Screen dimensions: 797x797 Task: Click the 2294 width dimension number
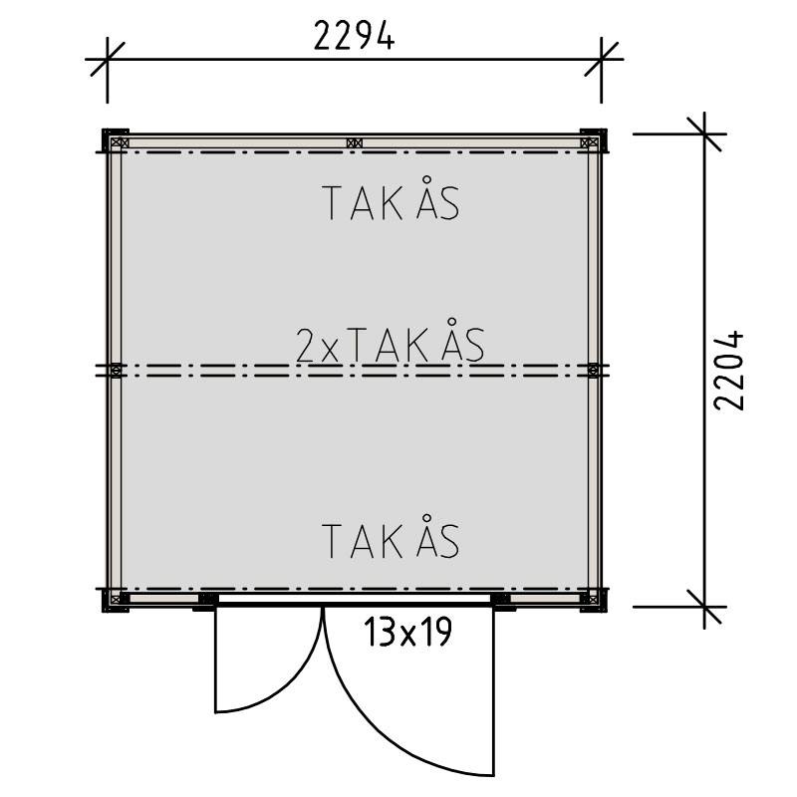pyautogui.click(x=354, y=35)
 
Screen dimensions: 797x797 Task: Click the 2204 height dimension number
pyautogui.click(x=729, y=371)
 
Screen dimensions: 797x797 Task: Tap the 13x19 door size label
pyautogui.click(x=407, y=632)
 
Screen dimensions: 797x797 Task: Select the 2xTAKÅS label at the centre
pyautogui.click(x=390, y=344)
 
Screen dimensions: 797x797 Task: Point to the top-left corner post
pyautogui.click(x=116, y=140)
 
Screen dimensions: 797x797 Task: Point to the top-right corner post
pyautogui.click(x=593, y=140)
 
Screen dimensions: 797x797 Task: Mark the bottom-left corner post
pyautogui.click(x=116, y=600)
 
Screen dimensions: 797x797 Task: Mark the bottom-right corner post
pyautogui.click(x=593, y=600)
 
